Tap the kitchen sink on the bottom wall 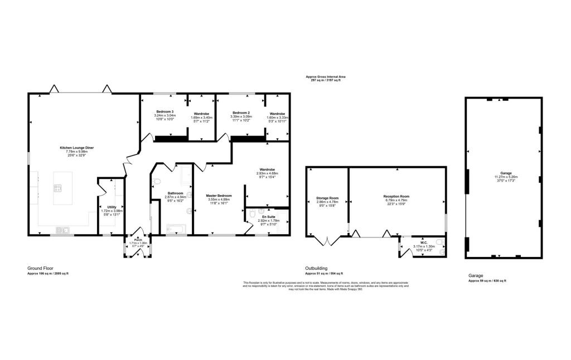(x=62, y=229)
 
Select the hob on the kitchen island (x=57, y=188)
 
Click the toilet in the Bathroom (x=157, y=181)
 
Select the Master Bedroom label (x=219, y=196)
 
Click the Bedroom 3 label (x=164, y=112)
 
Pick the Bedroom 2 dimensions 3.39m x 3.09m (x=243, y=116)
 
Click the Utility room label (x=112, y=207)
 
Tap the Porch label (x=138, y=240)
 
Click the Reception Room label (x=396, y=197)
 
